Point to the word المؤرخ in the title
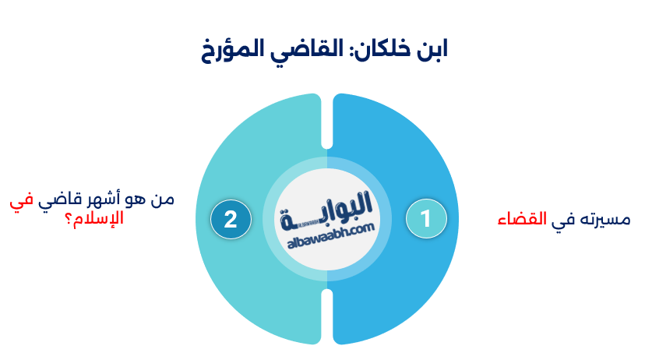[234, 51]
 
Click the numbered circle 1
[425, 219]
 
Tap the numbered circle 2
[230, 219]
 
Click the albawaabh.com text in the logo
[327, 233]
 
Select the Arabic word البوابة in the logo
[327, 210]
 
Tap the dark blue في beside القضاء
[560, 220]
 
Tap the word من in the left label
[163, 199]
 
